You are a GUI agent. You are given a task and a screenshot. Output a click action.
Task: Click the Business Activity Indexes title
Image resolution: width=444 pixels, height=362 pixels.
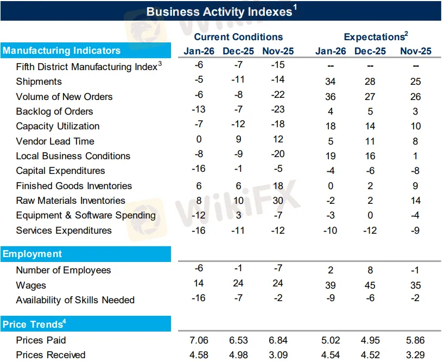point(221,11)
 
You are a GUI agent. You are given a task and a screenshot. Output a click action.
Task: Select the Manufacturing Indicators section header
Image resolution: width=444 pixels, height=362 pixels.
point(61,51)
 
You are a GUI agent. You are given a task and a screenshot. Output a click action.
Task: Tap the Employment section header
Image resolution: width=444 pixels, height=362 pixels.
point(32,254)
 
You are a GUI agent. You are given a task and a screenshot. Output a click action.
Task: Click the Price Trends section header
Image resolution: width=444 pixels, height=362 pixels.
point(33,324)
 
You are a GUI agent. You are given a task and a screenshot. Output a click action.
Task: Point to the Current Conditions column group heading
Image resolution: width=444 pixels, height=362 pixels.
point(238,37)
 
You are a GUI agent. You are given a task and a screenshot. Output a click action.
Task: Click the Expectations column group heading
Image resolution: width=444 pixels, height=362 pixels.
point(376,37)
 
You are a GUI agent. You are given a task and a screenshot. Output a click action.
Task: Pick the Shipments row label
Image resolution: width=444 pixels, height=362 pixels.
point(39,82)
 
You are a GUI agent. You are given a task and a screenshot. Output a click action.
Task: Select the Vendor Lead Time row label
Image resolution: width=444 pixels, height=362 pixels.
point(55,141)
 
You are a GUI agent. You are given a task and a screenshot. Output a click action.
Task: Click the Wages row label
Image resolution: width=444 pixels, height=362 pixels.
point(31,285)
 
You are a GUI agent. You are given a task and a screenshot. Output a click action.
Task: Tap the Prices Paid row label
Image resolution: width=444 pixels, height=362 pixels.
point(41,340)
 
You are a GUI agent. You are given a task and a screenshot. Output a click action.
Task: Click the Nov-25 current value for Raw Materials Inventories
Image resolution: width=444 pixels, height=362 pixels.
point(278,200)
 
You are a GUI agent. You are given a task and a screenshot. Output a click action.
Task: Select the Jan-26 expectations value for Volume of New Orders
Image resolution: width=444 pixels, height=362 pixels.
point(330,97)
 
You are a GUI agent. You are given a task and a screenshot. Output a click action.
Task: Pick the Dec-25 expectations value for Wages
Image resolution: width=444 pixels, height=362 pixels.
point(370,285)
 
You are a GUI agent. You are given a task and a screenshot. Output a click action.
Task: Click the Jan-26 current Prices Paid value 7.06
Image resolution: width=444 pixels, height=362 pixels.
point(199,340)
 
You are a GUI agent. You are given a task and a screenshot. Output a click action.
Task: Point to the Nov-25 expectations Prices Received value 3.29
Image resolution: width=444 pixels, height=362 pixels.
point(415,355)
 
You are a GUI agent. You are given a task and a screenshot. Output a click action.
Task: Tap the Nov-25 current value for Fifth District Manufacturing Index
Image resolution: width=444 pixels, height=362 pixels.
point(278,65)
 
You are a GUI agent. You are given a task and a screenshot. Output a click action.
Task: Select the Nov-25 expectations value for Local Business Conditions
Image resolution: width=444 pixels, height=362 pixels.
point(415,156)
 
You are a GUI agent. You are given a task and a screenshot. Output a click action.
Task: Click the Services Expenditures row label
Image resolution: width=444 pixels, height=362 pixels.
point(64,230)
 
